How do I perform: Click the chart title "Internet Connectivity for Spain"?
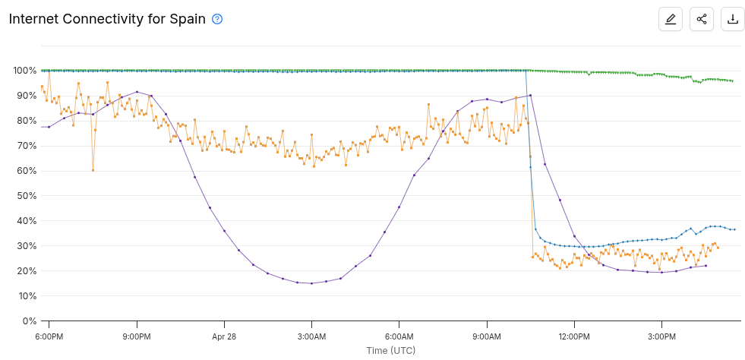107,19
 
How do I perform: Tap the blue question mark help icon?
217,19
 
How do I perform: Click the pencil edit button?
671,19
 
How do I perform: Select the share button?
702,19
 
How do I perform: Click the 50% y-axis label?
27,196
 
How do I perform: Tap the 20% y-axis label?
27,271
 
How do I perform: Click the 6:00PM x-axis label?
49,336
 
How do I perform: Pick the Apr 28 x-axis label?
224,336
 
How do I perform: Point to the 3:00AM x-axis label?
311,336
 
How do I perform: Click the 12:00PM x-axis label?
574,336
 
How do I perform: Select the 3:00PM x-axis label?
661,336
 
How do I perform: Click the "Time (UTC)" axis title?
391,350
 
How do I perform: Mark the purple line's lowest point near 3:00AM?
311,283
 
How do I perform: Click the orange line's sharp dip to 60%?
93,170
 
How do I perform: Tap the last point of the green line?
732,81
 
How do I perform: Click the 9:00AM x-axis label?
487,336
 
